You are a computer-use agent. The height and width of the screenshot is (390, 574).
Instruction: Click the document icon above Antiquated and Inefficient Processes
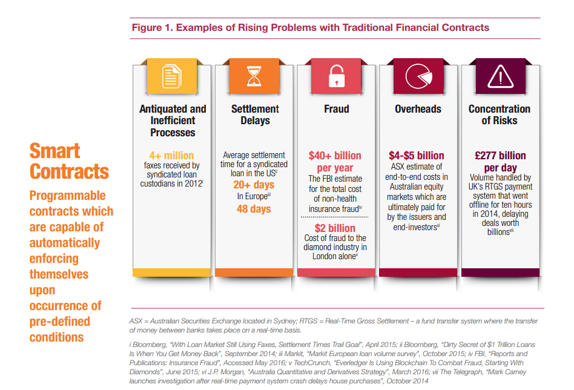click(x=172, y=77)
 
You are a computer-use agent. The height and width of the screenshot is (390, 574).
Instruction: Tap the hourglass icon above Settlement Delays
click(x=254, y=77)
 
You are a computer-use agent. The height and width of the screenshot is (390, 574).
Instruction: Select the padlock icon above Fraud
click(x=335, y=77)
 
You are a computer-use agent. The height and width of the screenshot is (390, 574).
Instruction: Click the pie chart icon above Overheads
click(x=418, y=77)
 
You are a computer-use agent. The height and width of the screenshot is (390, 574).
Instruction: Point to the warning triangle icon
click(x=500, y=77)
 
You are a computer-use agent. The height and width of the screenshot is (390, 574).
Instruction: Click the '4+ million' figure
click(x=173, y=155)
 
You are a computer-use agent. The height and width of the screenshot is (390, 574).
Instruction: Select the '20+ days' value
click(x=254, y=185)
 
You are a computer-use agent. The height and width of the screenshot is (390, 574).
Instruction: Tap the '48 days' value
click(x=254, y=209)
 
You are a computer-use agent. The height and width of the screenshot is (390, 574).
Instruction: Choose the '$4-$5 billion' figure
click(x=418, y=156)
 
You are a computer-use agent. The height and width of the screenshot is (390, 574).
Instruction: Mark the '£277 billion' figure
click(x=500, y=156)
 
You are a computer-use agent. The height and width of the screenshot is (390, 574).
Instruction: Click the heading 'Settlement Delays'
click(x=255, y=114)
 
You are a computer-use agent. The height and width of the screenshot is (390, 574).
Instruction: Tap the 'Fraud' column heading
click(x=336, y=109)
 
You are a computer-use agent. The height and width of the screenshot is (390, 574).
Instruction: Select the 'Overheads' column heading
click(x=418, y=109)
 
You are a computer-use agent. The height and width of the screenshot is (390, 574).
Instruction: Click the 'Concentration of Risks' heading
click(x=500, y=114)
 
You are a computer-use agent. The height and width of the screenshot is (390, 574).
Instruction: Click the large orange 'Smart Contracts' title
click(x=68, y=160)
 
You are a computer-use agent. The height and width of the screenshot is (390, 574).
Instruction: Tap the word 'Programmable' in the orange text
click(x=67, y=196)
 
